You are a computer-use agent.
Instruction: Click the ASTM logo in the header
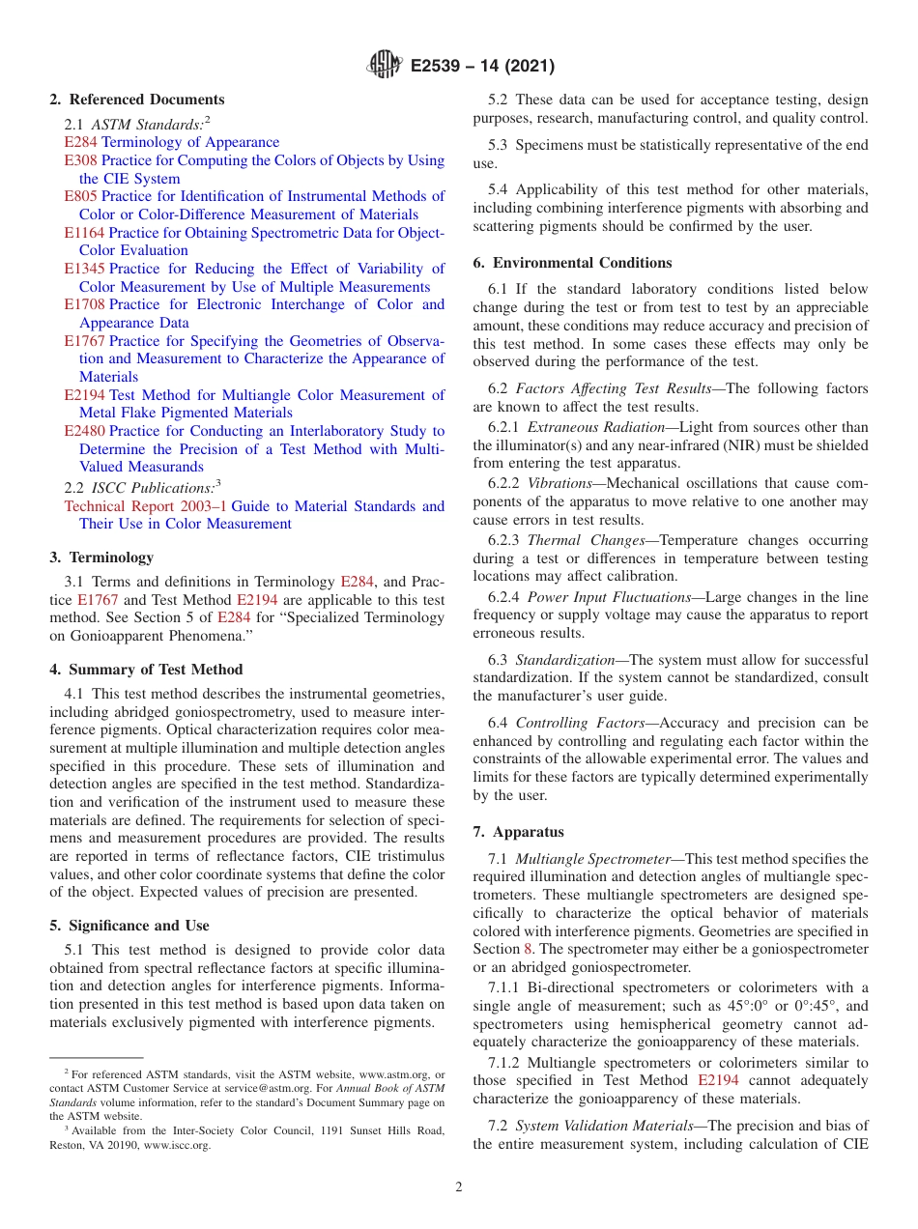[386, 66]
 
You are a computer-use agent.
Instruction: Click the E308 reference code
[80, 160]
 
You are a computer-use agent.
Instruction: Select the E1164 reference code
[84, 233]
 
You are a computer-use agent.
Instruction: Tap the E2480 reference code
[84, 431]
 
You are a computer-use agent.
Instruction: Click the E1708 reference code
[84, 304]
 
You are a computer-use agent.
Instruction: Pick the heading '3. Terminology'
[101, 557]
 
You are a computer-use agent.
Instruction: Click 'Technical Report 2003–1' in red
[145, 506]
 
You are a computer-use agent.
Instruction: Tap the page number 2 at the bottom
[459, 1187]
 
